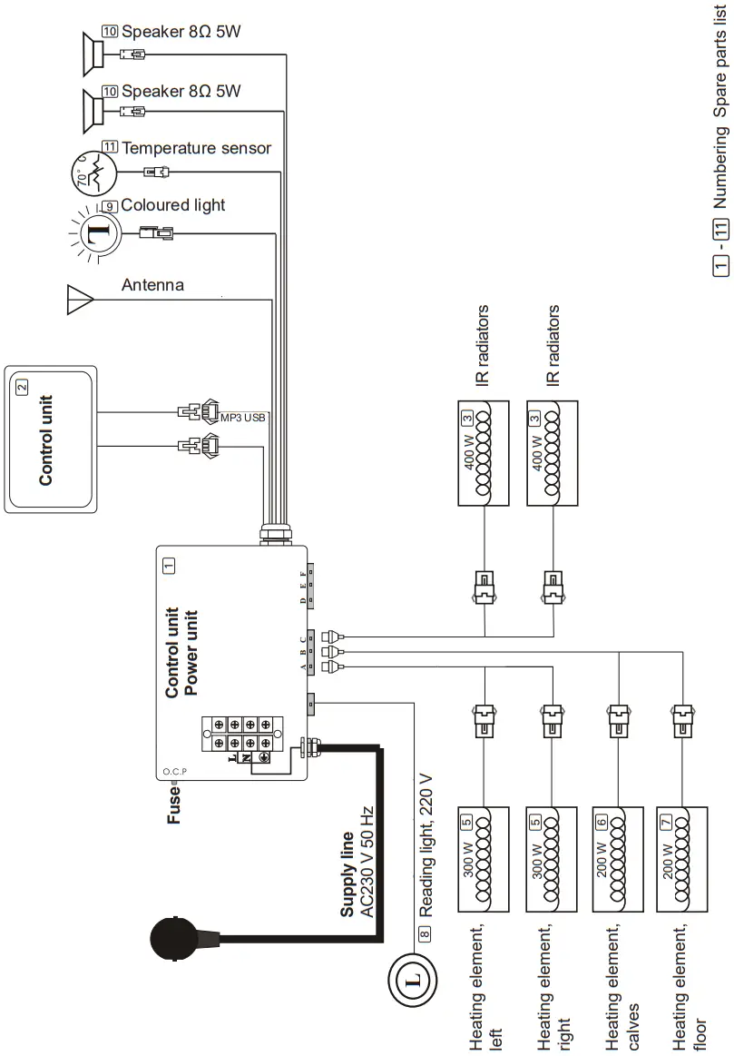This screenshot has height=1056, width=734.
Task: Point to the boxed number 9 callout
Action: pos(110,206)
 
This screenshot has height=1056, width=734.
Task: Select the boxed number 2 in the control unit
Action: pos(23,386)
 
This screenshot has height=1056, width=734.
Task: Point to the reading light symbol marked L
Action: pos(414,979)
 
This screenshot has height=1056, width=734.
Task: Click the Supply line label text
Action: pos(347,872)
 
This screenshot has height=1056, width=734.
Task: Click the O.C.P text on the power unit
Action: pos(174,772)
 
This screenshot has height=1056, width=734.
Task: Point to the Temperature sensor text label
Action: pos(196,147)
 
